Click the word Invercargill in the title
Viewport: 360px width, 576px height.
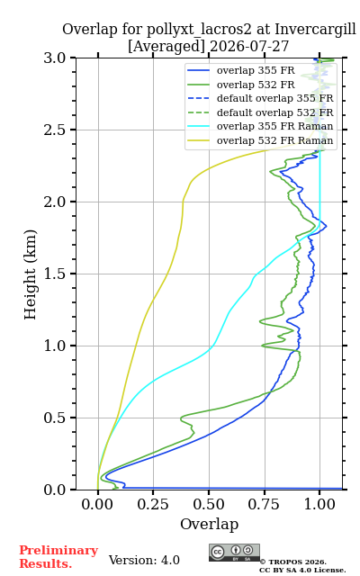(315, 30)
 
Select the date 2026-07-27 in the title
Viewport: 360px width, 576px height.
(249, 47)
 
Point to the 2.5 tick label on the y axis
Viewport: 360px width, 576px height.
(55, 130)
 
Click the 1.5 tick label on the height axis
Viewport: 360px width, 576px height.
(55, 274)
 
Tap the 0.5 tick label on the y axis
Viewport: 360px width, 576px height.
(55, 418)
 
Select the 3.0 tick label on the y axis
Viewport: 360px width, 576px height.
(55, 58)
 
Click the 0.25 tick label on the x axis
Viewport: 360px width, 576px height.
(153, 505)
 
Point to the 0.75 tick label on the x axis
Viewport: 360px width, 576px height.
(264, 505)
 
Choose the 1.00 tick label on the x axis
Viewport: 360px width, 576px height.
(319, 505)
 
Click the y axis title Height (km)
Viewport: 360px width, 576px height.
(30, 274)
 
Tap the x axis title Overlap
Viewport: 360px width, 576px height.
(209, 524)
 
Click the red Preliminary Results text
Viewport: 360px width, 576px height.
(58, 557)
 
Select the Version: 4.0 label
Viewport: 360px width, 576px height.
(144, 560)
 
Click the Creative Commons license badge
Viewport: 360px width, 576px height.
(234, 553)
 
